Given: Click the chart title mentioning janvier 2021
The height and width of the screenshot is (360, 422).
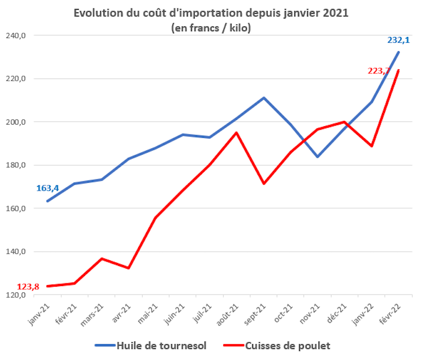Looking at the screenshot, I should (211, 13).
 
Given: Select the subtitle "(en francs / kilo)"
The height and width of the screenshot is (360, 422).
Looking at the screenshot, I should (211, 28).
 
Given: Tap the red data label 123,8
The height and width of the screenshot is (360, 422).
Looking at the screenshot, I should (29, 287).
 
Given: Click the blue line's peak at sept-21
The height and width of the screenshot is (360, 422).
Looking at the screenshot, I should (264, 98).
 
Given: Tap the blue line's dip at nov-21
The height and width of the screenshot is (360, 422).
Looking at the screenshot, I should (318, 157).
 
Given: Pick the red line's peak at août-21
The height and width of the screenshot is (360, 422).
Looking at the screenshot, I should (236, 132).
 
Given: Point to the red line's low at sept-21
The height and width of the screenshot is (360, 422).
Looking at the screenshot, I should (264, 184).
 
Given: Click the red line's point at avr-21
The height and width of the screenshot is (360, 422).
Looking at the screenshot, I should (129, 268).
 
